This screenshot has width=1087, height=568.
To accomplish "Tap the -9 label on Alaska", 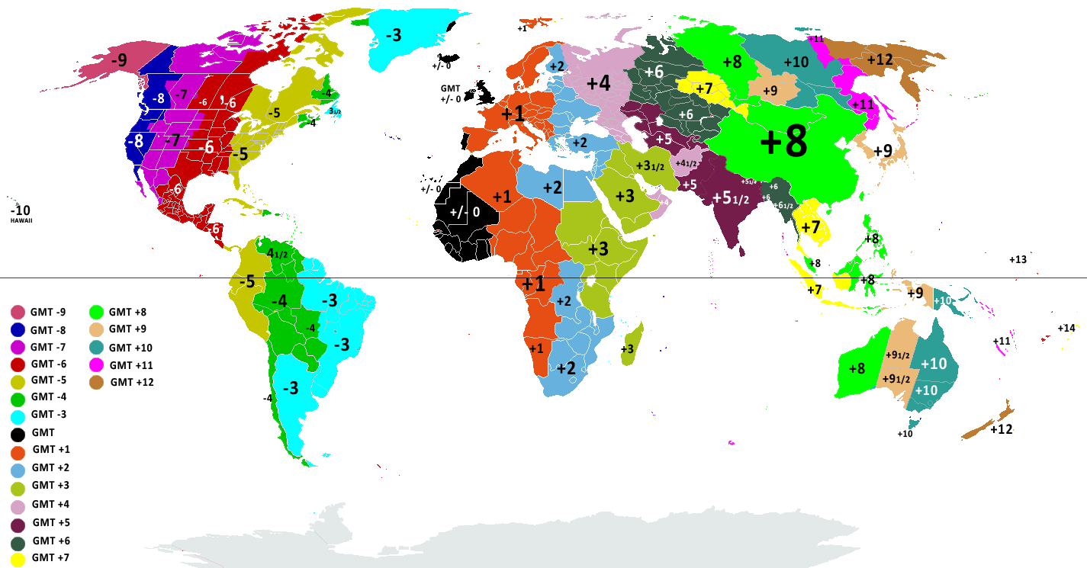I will [118, 59].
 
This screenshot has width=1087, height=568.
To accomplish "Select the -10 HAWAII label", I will [21, 213].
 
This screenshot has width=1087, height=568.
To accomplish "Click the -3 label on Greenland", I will [393, 35].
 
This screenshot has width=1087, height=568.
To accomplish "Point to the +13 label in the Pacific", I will [1018, 259].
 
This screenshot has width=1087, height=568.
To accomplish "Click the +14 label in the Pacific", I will [1066, 328].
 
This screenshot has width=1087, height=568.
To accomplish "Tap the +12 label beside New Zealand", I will [1001, 429].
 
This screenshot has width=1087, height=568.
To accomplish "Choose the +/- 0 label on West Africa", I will [465, 212].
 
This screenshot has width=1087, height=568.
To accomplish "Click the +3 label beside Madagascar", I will [627, 349].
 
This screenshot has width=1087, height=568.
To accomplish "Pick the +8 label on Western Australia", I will [857, 369].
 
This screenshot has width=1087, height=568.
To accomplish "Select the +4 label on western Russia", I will [598, 83].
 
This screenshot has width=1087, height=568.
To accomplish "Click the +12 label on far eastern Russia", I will [880, 59].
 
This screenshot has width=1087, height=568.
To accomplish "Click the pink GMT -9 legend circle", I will [18, 312].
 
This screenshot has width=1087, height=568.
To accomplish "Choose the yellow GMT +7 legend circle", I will [18, 559].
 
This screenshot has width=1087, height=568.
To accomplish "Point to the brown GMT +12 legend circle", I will [97, 381].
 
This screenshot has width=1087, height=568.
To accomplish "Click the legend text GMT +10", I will [131, 347].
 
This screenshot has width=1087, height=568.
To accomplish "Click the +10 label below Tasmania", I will [905, 434].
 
